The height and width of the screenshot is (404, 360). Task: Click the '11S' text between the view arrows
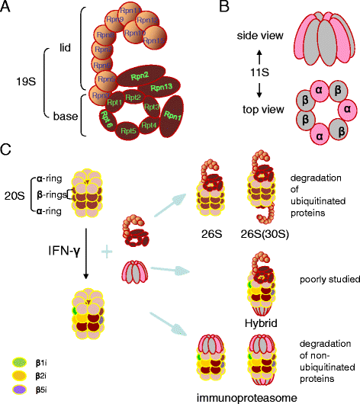point(217,72)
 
